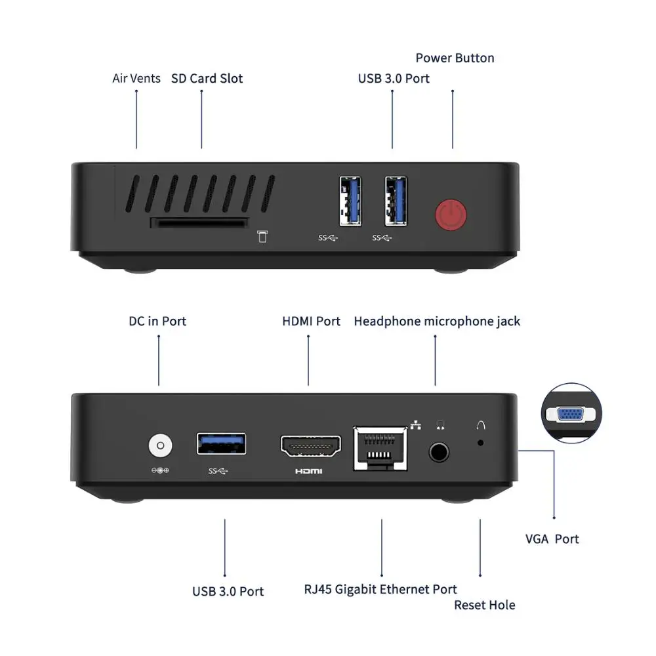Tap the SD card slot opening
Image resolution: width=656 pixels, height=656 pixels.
point(199,223)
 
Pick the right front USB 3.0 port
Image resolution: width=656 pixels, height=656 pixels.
point(396,199)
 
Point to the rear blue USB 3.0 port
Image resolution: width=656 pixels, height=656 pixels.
point(222,444)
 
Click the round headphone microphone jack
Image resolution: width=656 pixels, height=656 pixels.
point(439,451)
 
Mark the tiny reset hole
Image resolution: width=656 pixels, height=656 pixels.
point(481,443)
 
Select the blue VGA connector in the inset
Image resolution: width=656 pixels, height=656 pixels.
point(569,415)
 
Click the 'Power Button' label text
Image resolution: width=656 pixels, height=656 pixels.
point(455,58)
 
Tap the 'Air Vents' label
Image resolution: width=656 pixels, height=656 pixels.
point(136,79)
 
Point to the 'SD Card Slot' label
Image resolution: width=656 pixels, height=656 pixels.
point(207,79)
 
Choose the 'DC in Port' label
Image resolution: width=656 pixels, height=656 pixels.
point(157,321)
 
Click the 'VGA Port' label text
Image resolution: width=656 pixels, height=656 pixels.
point(552,539)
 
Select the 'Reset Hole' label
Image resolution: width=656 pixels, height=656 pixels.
point(485,605)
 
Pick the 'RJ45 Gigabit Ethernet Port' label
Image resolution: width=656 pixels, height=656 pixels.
point(380,589)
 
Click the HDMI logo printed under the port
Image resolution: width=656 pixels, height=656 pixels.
point(309,471)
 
